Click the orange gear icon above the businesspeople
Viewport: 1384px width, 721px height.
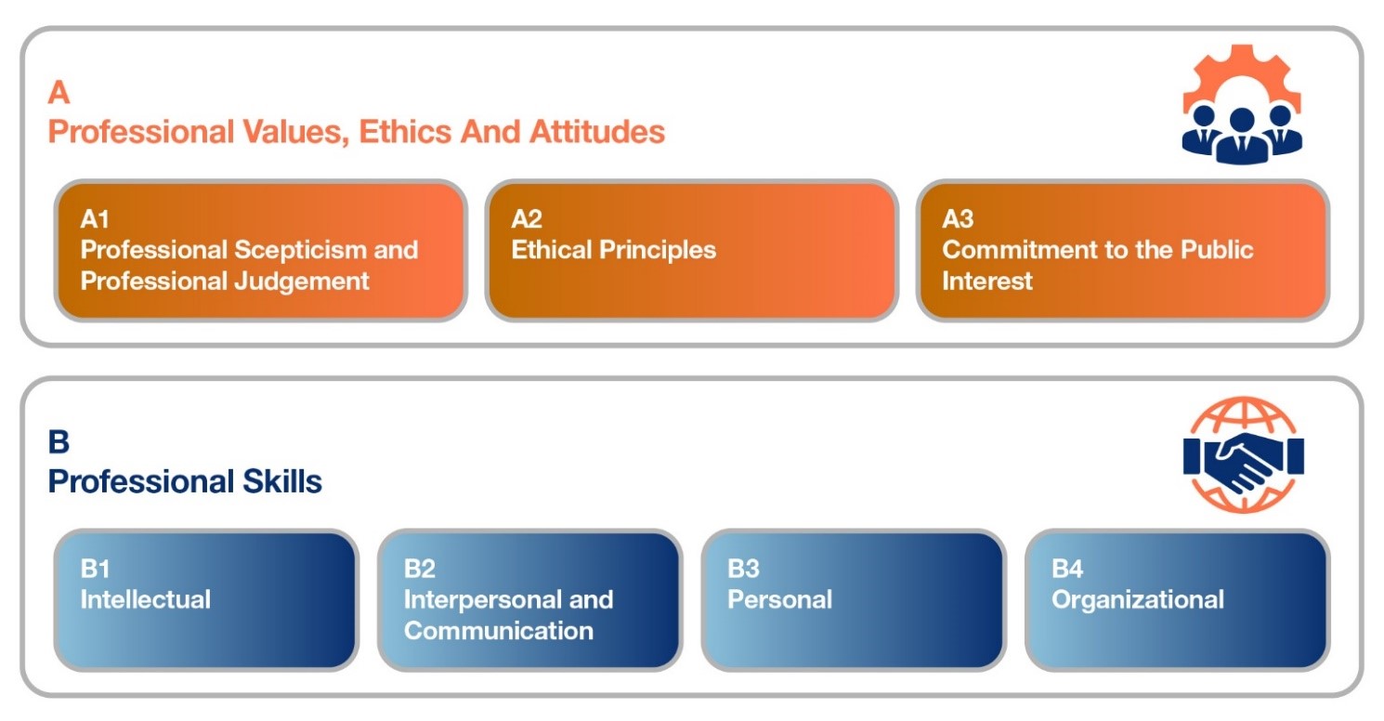1242,68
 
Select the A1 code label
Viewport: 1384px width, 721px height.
95,218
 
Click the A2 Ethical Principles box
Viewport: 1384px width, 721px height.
691,251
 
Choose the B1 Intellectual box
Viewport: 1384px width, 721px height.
206,599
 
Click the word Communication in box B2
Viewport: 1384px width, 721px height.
499,631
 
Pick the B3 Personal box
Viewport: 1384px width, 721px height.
854,599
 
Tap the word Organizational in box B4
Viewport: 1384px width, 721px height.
1138,600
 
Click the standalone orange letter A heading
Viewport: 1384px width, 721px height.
59,93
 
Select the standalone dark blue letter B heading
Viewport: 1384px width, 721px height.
59,441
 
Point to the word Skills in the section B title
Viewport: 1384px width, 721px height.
282,481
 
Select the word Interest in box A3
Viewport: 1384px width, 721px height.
986,282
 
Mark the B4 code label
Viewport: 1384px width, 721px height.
1067,569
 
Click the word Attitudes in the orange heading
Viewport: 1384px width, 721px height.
597,132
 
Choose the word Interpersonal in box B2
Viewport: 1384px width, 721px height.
481,600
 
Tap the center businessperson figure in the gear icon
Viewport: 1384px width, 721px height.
1243,136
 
